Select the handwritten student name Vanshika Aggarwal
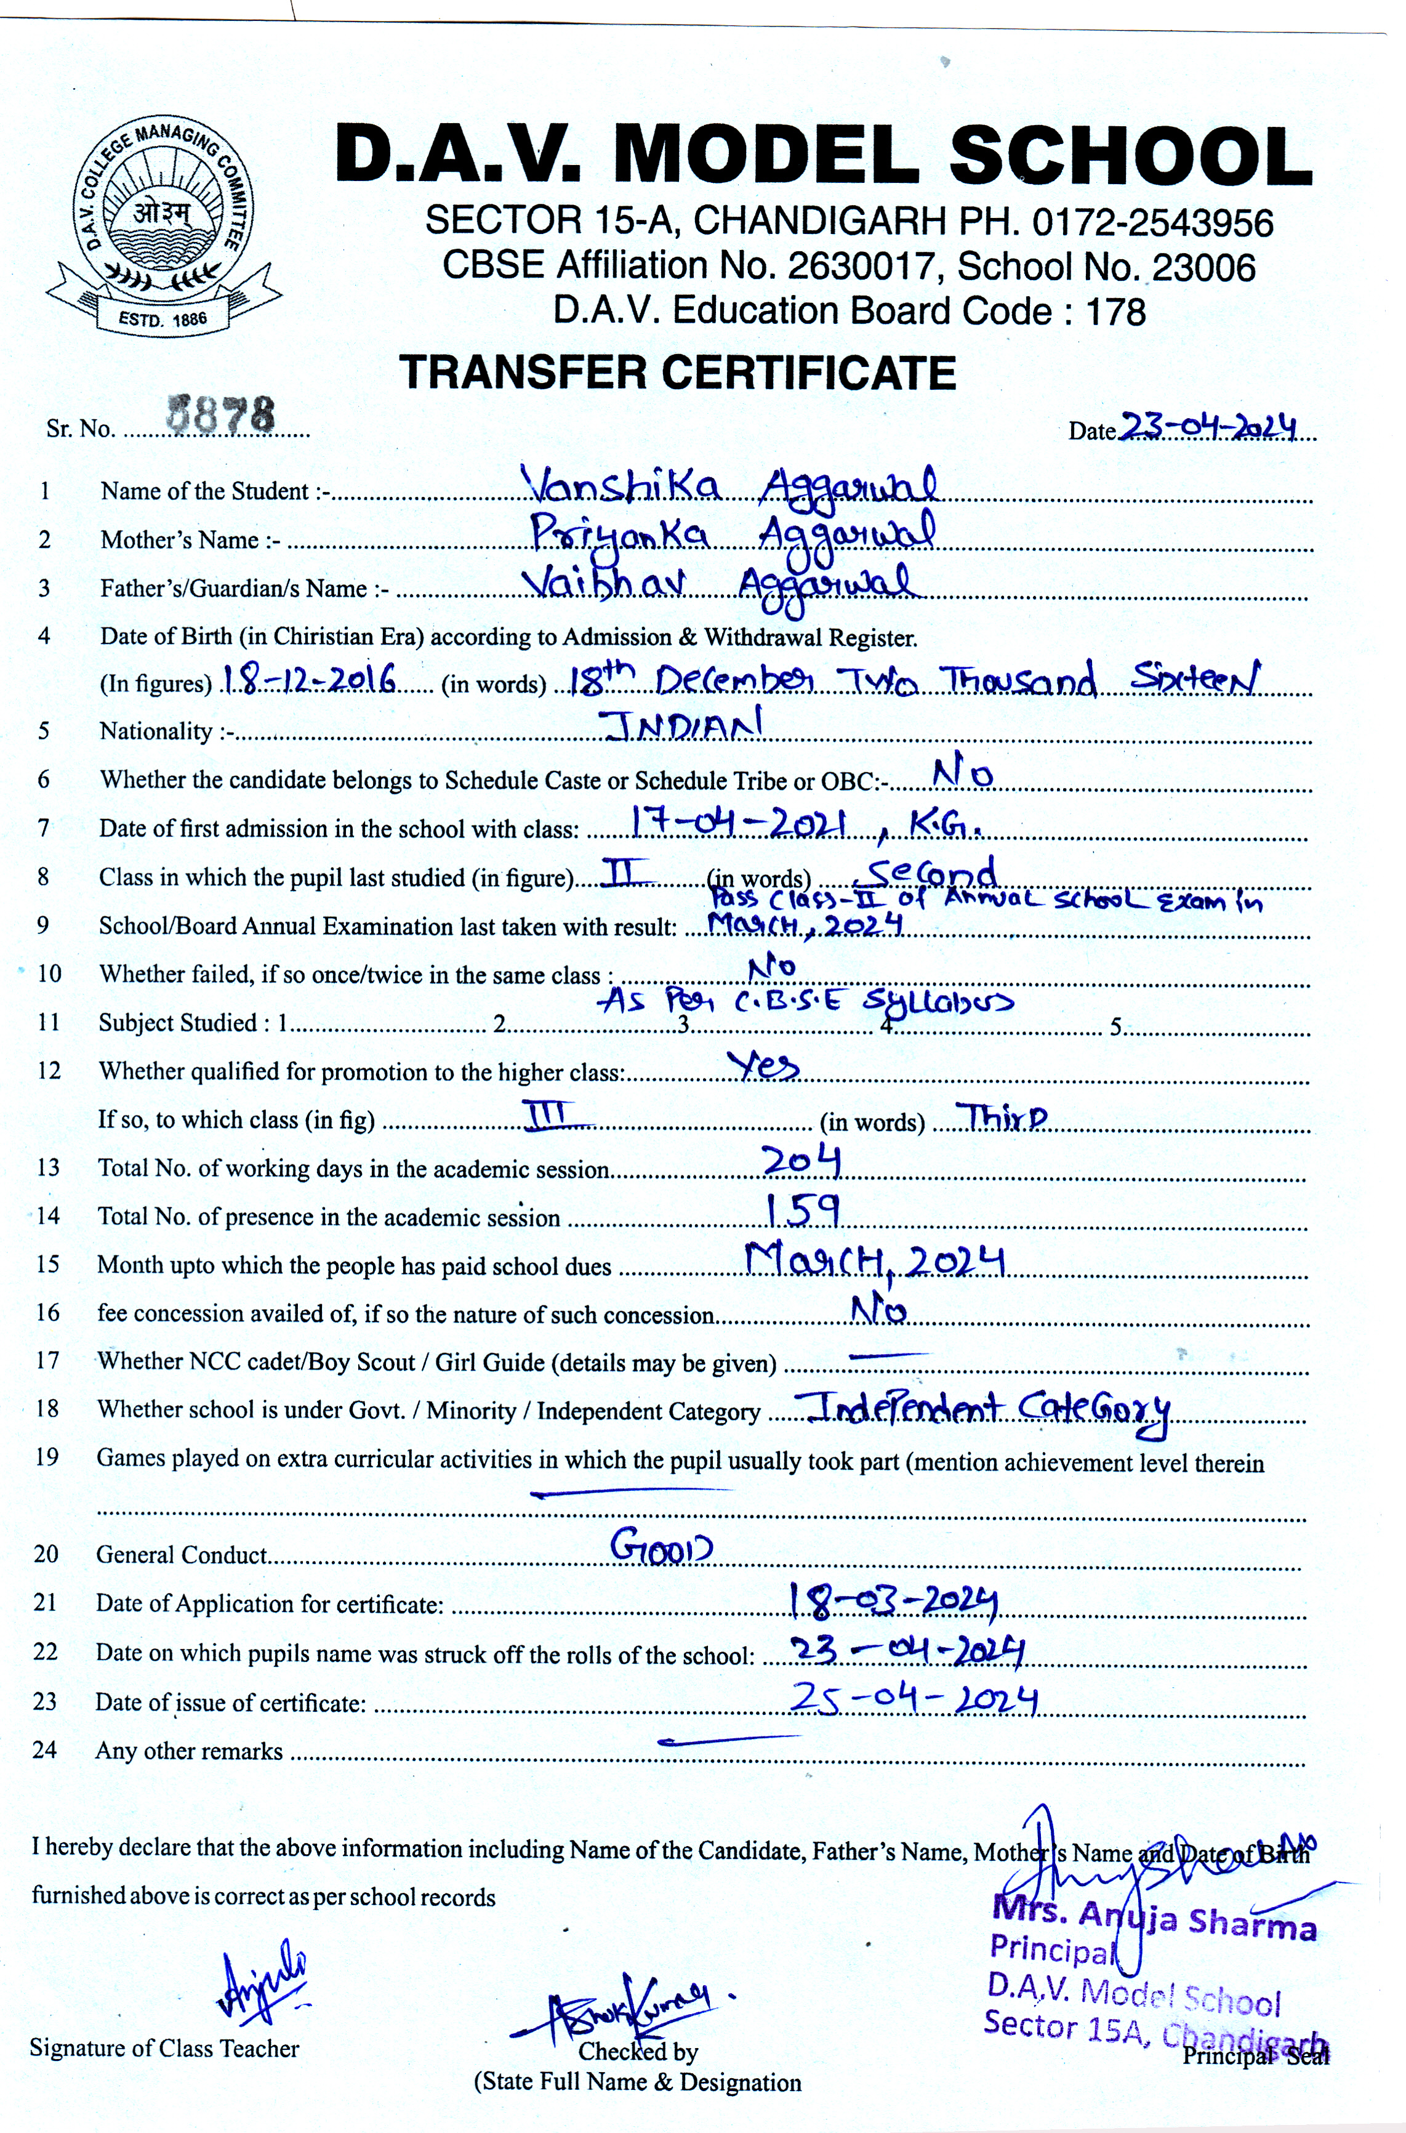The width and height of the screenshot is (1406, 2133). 728,487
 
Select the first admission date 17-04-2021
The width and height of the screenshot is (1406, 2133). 738,821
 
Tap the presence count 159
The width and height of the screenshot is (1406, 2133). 801,1211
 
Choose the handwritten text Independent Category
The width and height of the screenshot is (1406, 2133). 986,1410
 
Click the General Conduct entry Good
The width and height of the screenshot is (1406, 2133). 661,1546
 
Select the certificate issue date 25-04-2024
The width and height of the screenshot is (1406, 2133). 913,1698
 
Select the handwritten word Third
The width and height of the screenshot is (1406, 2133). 1002,1117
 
